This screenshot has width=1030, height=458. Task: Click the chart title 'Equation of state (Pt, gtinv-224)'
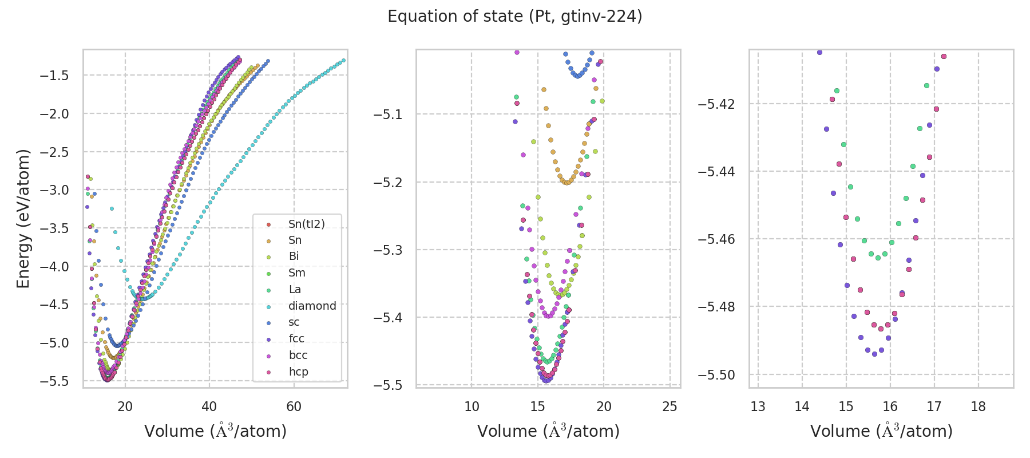pos(514,17)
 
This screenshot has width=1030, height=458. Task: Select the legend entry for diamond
pos(312,306)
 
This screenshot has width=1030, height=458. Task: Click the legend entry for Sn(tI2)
pos(306,224)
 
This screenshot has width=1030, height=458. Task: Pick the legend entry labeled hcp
pos(298,372)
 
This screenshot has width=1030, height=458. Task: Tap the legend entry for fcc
pos(296,338)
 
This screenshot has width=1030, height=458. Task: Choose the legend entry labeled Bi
pos(294,256)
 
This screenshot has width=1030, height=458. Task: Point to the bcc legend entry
pos(298,355)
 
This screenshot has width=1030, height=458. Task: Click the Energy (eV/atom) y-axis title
pos(23,219)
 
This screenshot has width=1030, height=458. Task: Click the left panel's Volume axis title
pos(215,431)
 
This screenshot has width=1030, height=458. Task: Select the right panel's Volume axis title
pos(881,431)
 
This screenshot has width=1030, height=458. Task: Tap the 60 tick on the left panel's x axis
pos(294,406)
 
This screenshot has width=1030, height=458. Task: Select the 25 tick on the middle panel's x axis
pos(669,406)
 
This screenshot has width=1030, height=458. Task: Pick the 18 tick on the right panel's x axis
pos(978,406)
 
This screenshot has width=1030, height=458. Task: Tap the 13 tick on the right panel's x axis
pos(758,406)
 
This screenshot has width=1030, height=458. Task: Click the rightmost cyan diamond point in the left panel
pos(343,60)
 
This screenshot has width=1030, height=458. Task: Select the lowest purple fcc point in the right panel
pos(874,354)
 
